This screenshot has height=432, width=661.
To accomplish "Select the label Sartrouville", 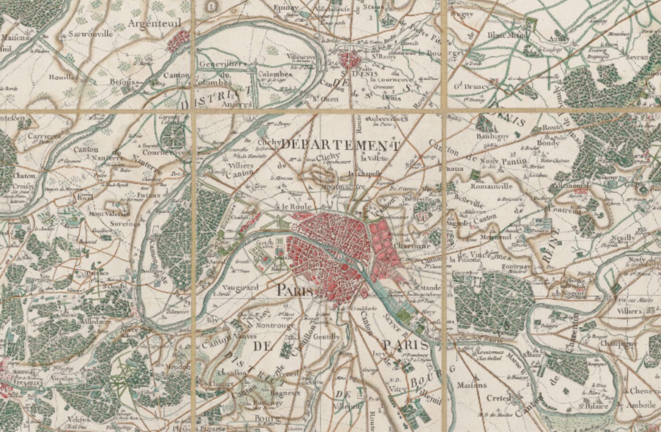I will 90,34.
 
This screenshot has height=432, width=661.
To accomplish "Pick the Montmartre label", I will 343,187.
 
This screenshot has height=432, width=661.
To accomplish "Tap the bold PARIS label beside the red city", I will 295,290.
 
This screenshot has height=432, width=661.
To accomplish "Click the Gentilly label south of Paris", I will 326,336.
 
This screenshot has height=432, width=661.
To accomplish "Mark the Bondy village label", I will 548,143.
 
